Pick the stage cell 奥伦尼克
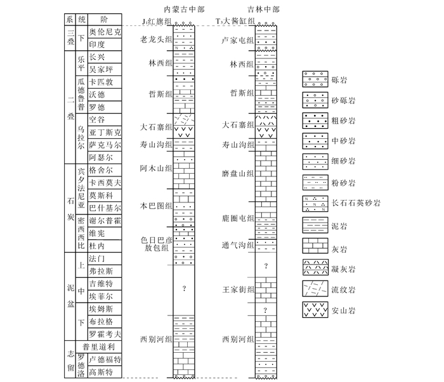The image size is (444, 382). point(105,32)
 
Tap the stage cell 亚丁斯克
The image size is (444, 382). point(105,133)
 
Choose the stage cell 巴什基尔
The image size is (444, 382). point(105,207)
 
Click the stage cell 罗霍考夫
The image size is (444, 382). point(105,334)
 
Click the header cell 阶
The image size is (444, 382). point(104,19)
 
